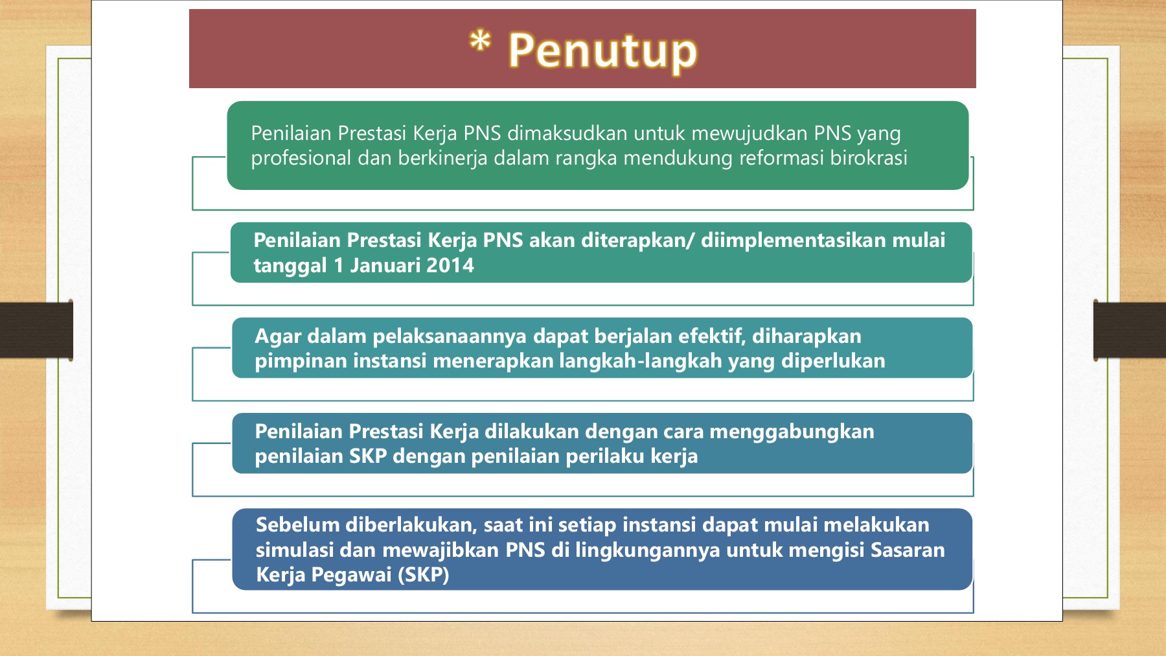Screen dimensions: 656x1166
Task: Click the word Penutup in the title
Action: (x=602, y=51)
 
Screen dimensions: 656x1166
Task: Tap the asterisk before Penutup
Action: (x=479, y=43)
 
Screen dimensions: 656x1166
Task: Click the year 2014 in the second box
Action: (x=450, y=265)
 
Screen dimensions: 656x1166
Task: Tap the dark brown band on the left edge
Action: (x=36, y=330)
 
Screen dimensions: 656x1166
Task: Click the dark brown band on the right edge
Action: (x=1130, y=330)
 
